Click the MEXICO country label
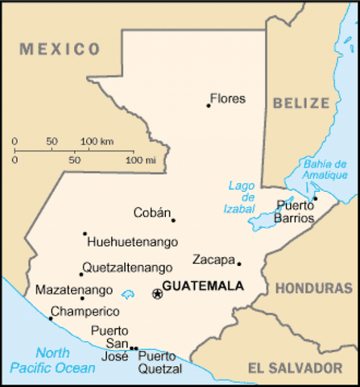[x=61, y=49]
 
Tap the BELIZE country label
[x=301, y=103]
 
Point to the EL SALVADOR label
[x=295, y=368]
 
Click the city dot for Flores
[x=208, y=105]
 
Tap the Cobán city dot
[x=173, y=220]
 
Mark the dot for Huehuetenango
[x=85, y=234]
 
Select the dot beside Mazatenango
[x=81, y=298]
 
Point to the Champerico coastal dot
[x=51, y=318]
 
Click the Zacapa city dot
[x=238, y=263]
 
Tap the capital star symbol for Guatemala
[x=157, y=294]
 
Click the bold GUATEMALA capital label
[x=203, y=286]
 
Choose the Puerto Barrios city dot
[x=316, y=198]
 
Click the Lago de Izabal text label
[x=241, y=197]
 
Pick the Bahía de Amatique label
[x=325, y=169]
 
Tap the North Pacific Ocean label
[x=52, y=360]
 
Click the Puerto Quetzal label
[x=159, y=362]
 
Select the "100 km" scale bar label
[x=97, y=141]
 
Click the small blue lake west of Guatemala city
[x=127, y=294]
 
